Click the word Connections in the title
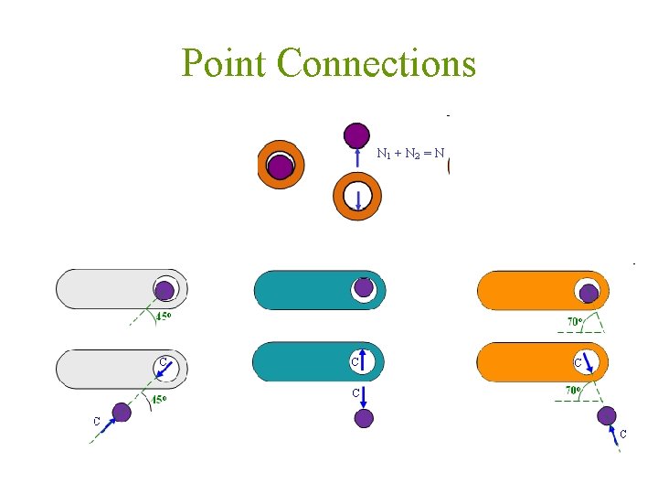[x=376, y=63]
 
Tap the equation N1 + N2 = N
[x=410, y=154]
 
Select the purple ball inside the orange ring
[x=280, y=166]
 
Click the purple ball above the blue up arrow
[x=356, y=135]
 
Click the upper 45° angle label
[x=164, y=317]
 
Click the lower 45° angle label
[x=159, y=399]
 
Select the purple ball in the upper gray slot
[x=164, y=291]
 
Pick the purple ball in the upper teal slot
[x=364, y=287]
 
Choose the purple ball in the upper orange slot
[x=589, y=294]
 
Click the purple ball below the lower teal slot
[x=364, y=418]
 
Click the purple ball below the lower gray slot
[x=121, y=413]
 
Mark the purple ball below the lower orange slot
[x=607, y=415]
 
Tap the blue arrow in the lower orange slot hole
[x=589, y=366]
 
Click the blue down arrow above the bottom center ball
[x=363, y=396]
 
